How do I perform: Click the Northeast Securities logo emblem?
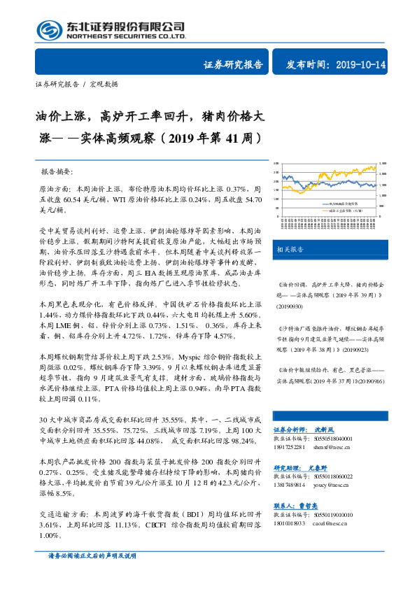pyautogui.click(x=48, y=30)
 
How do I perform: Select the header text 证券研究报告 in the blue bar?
pyautogui.click(x=233, y=64)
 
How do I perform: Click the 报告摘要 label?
pyautogui.click(x=61, y=171)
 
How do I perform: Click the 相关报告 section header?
pyautogui.click(x=290, y=248)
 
